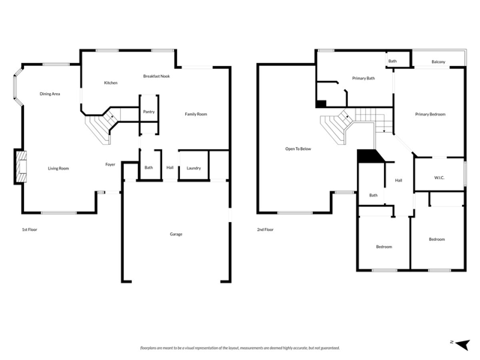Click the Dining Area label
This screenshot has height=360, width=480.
[x=50, y=94]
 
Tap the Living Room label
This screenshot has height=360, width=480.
[x=58, y=168]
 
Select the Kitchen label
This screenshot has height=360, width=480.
[x=110, y=82]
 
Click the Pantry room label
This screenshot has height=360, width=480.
[x=148, y=112]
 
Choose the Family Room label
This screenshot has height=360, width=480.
[x=196, y=114]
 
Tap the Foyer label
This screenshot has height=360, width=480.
[x=110, y=163]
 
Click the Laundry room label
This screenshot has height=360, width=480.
[x=193, y=168]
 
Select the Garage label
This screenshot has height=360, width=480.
[x=175, y=234]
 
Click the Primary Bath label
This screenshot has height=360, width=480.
[x=364, y=79]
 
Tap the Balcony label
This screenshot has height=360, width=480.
[x=439, y=61]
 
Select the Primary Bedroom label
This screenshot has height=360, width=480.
[x=430, y=114]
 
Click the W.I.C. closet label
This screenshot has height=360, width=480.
[x=439, y=178]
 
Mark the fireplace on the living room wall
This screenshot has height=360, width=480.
[x=19, y=166]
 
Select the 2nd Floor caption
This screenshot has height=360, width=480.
[x=265, y=229]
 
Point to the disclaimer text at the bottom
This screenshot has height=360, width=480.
[x=239, y=348]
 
